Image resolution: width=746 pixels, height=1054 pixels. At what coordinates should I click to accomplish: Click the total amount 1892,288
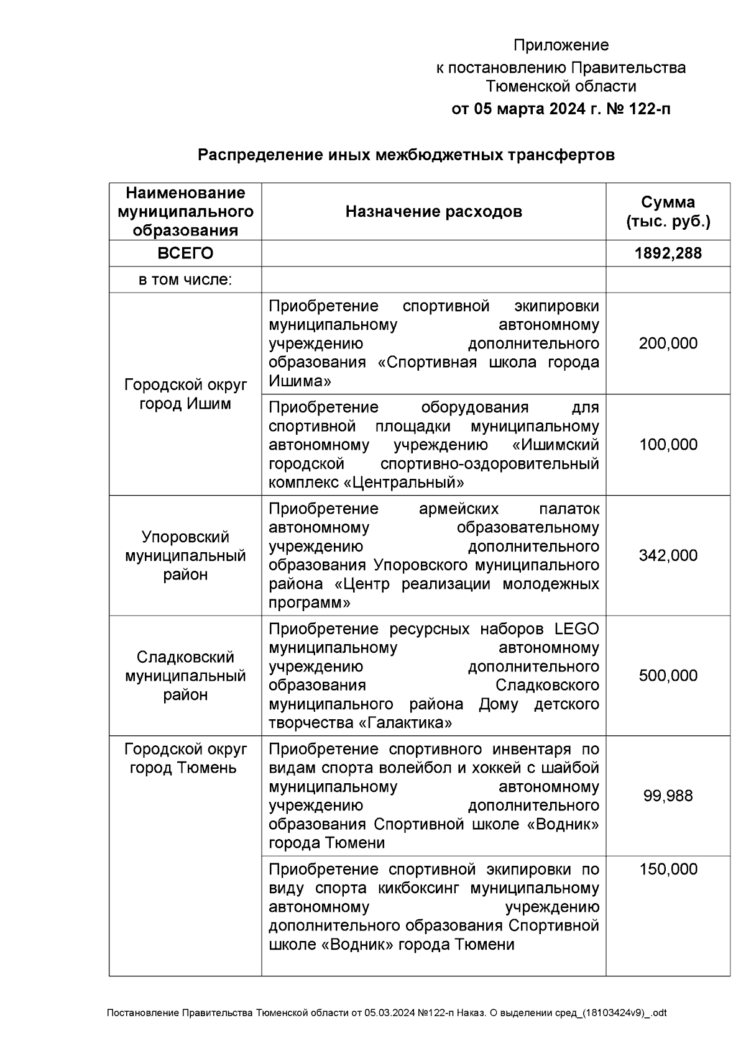tap(668, 253)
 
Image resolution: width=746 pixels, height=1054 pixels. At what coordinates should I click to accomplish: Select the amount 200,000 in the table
tap(668, 343)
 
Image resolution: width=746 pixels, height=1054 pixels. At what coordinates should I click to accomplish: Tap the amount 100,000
tap(668, 445)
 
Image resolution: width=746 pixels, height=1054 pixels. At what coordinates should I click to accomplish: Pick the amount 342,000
tap(668, 555)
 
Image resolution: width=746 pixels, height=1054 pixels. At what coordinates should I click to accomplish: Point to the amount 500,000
tap(668, 676)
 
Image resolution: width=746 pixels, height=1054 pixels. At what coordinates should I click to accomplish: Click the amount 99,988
tap(668, 796)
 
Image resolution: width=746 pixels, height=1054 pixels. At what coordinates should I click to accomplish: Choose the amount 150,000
tap(668, 870)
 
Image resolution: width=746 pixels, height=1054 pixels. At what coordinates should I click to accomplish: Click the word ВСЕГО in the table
tap(185, 253)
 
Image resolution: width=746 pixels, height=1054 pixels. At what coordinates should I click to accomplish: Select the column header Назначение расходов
tap(433, 212)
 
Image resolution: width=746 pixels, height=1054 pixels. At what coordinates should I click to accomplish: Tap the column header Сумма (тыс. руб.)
tap(668, 212)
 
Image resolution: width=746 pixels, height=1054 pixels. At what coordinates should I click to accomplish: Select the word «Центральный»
tap(404, 483)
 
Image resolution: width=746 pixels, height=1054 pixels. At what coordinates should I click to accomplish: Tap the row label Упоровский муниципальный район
tap(185, 555)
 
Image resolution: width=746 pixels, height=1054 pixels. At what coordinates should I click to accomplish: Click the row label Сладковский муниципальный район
tap(185, 676)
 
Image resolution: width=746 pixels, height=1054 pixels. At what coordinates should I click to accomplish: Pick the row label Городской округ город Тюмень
tap(185, 758)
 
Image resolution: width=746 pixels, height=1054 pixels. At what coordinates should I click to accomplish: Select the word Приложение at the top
tap(561, 45)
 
